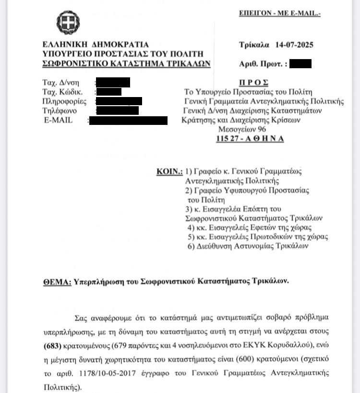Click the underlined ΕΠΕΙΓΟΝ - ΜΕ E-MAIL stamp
pyautogui.click(x=279, y=13)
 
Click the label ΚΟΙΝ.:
pyautogui.click(x=169, y=171)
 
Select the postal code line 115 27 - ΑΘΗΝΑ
pyautogui.click(x=250, y=139)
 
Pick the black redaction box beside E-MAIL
pyautogui.click(x=128, y=120)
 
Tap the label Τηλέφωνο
pyautogui.click(x=59, y=111)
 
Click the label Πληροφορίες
pyautogui.click(x=64, y=101)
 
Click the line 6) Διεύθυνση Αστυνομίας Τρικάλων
pyautogui.click(x=248, y=246)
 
